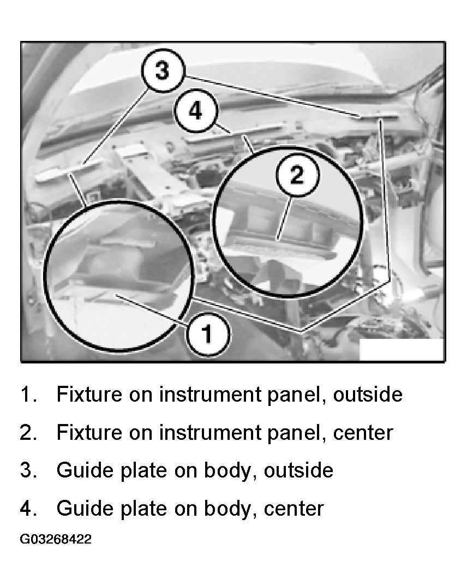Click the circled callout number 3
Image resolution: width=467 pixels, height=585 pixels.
coord(163,70)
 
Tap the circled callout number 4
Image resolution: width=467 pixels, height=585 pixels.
coord(195,110)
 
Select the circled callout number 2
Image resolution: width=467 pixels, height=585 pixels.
coord(297,175)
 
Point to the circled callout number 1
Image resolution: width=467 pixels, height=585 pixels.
coord(207,333)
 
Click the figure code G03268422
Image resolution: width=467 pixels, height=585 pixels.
coord(56,539)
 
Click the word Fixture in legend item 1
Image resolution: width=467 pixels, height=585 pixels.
coord(89,395)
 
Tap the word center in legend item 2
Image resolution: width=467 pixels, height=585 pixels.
coord(363,433)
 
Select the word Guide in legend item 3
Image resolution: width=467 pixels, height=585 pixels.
coord(85,470)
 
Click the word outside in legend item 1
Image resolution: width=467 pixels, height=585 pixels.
coord(367,395)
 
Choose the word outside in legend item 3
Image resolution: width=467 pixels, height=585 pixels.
coord(298,470)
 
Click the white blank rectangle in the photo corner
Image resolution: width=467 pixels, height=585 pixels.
coord(402,350)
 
